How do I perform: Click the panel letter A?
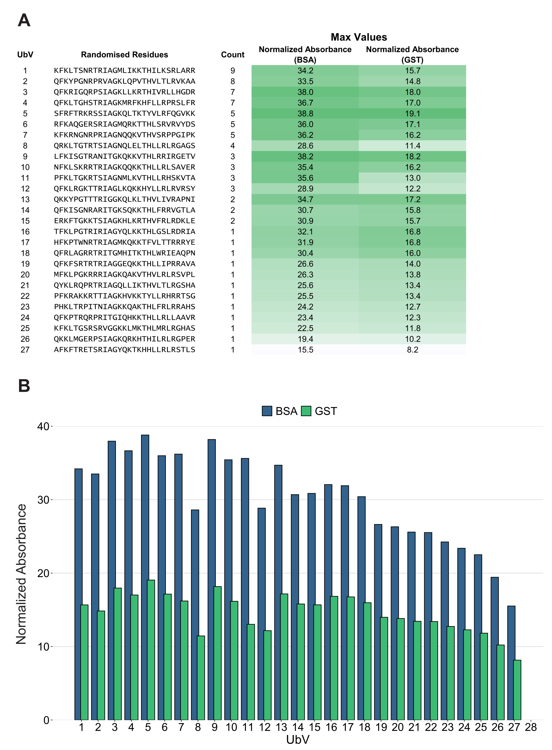tap(24, 20)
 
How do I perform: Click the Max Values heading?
tap(359, 37)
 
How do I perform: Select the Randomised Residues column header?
tap(124, 55)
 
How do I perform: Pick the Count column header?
tap(233, 55)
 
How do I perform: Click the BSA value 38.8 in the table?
tap(305, 114)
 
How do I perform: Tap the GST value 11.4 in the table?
tap(412, 146)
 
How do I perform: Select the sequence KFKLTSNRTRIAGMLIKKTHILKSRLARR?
tap(124, 70)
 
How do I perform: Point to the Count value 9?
tap(233, 70)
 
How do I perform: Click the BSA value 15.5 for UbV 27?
tap(305, 350)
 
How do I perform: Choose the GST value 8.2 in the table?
tap(412, 350)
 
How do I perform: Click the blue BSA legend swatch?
tap(267, 411)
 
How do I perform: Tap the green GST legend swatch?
tap(306, 411)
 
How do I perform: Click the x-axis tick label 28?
tap(531, 727)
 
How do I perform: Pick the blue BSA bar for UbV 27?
tap(511, 665)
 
